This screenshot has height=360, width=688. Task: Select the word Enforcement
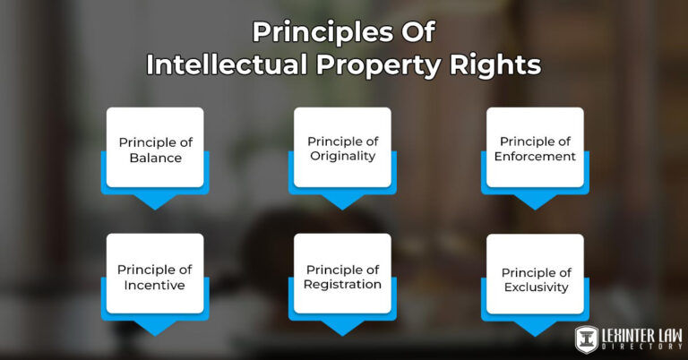tap(535, 157)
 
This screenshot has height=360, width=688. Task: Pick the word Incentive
tap(155, 286)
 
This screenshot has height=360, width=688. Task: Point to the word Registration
tap(343, 285)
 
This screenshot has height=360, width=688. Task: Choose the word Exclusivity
tap(535, 287)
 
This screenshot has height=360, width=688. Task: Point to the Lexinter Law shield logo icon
tap(588, 339)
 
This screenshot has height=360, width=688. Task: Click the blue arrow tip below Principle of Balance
tap(155, 203)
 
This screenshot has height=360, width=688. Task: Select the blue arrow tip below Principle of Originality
tap(342, 203)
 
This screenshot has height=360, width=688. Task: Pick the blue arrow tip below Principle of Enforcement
tap(535, 203)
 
